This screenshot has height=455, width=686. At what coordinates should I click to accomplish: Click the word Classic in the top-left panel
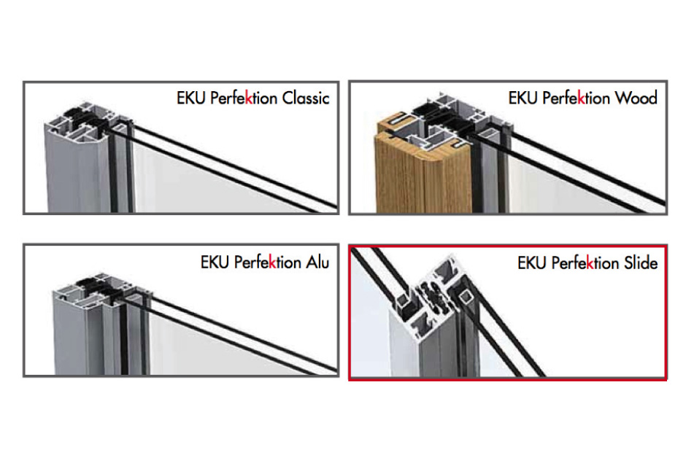(x=304, y=98)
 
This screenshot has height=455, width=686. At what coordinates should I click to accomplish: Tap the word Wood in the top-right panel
(x=636, y=98)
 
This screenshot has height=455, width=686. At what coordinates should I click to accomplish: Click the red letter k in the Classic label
(x=248, y=98)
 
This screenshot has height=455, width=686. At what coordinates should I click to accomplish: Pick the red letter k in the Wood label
(x=581, y=98)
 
